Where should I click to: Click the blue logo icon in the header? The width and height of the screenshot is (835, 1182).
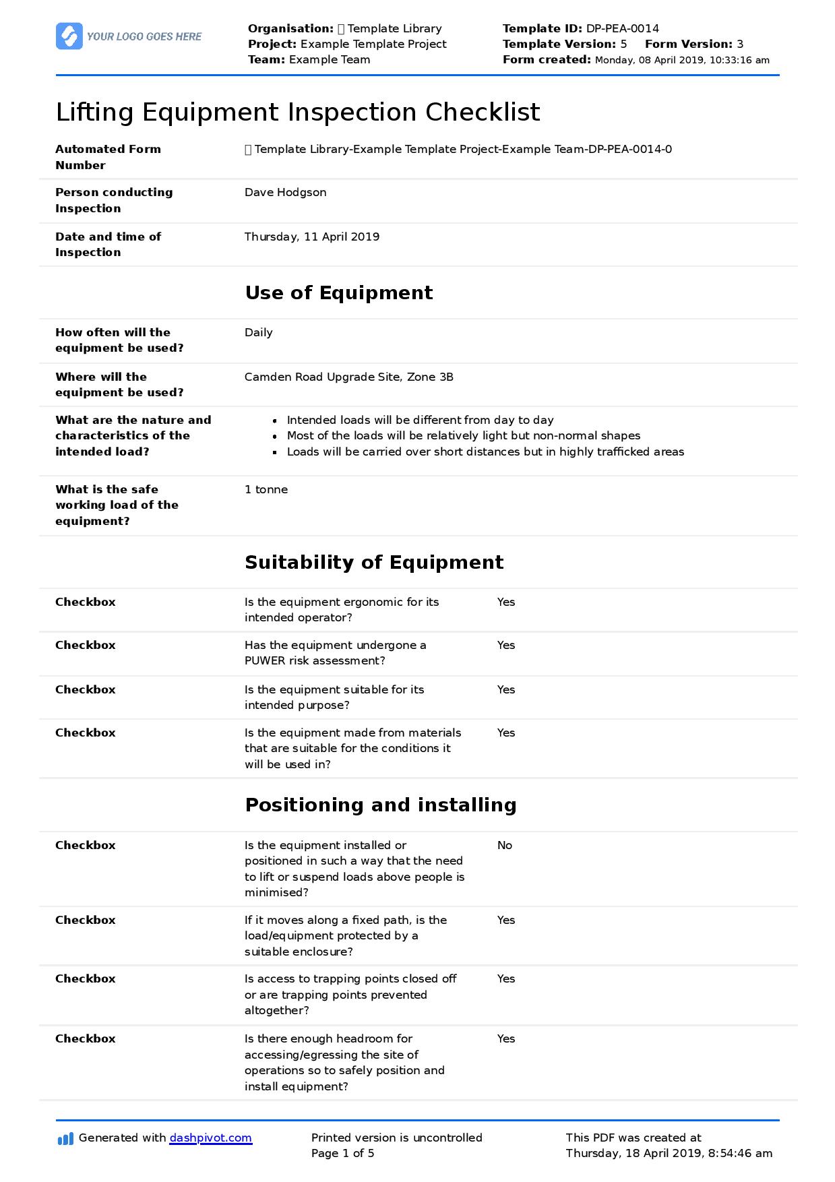click(69, 36)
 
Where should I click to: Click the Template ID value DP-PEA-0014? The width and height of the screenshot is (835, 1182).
click(622, 28)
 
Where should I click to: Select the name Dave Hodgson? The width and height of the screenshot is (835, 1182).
click(285, 192)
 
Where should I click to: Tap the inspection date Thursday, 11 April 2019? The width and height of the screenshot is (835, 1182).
click(311, 237)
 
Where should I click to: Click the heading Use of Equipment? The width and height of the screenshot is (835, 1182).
click(338, 292)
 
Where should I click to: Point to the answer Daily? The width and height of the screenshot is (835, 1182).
click(258, 332)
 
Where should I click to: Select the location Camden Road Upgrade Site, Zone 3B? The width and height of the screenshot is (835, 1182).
click(348, 377)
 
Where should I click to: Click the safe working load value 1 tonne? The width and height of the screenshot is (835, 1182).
click(266, 489)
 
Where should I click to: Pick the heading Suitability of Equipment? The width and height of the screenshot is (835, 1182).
click(373, 562)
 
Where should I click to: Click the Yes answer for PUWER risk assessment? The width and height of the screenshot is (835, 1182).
click(505, 645)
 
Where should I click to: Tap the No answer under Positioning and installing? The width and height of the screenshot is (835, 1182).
click(504, 845)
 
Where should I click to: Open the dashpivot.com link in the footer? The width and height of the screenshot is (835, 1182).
click(210, 1138)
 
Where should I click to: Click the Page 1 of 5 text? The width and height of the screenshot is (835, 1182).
click(342, 1153)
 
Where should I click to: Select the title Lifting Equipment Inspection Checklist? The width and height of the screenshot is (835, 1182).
click(297, 112)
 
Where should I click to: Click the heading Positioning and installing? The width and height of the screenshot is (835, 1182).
click(380, 805)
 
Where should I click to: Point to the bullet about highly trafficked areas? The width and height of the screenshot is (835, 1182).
click(485, 452)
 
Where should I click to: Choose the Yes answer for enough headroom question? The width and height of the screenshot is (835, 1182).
click(505, 1038)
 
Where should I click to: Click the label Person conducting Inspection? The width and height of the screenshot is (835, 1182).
click(113, 200)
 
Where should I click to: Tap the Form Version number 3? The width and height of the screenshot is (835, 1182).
click(740, 44)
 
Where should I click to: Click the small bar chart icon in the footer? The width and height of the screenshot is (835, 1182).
click(65, 1139)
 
